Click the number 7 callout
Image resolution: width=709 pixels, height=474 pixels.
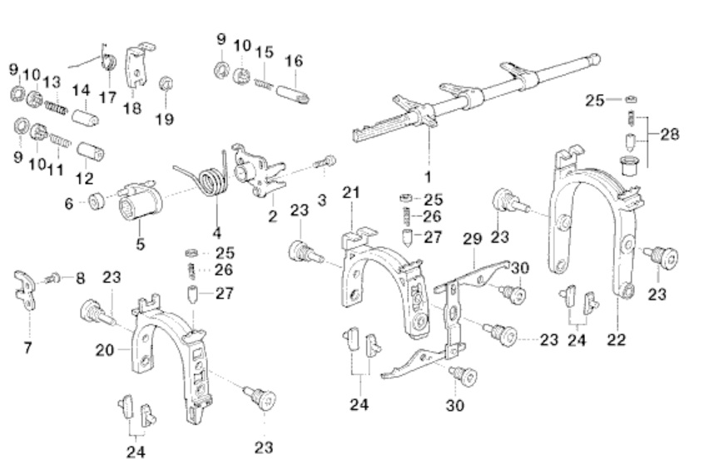point(27,348)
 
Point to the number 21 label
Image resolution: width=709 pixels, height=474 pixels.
point(350,194)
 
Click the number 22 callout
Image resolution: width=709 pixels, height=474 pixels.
point(617,339)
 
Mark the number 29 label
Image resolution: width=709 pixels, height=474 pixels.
point(473,239)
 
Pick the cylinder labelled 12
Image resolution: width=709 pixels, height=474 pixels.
point(91,153)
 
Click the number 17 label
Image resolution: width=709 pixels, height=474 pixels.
point(107,97)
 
